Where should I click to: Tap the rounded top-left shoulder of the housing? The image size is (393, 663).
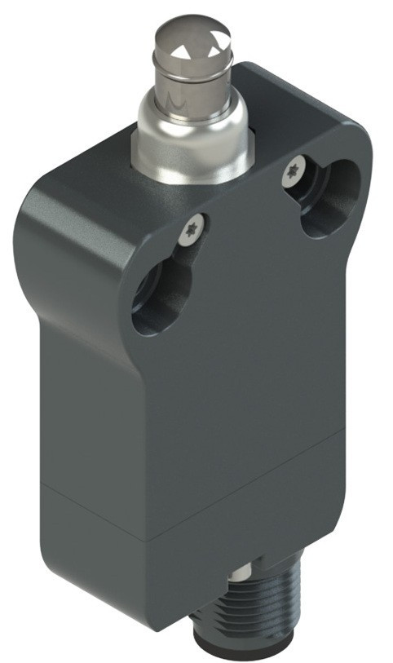pyautogui.click(x=49, y=196)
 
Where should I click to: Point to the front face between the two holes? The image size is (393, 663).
pyautogui.click(x=245, y=269)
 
